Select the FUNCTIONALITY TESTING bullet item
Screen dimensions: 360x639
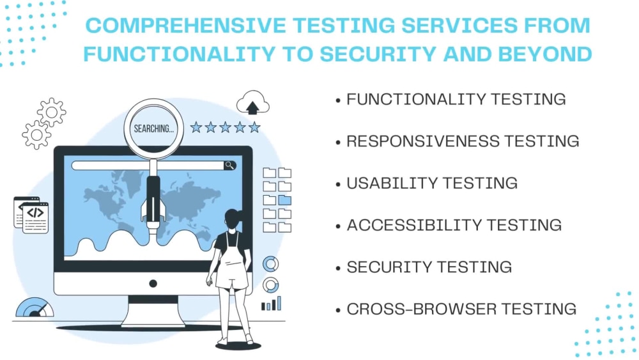point(456,99)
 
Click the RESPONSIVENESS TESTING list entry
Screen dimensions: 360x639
point(463,141)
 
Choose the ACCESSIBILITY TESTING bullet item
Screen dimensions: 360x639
point(454,225)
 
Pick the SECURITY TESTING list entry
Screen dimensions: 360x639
point(429,267)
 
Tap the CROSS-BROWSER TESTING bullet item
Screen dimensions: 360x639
point(461,309)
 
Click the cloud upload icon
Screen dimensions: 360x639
point(253,103)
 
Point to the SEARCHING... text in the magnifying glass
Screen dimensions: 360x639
point(153,129)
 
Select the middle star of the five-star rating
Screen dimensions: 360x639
point(225,127)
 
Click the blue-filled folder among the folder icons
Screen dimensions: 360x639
point(284,200)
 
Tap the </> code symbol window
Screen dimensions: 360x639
point(35,214)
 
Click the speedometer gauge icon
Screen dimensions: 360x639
point(35,308)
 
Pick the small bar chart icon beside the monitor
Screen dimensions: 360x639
point(271,304)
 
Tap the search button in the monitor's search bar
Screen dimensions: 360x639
point(229,166)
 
